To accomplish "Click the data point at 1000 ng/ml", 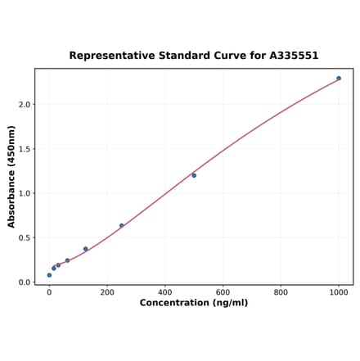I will [339, 79].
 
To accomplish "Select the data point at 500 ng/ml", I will [194, 175].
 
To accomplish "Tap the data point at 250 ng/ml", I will [122, 226].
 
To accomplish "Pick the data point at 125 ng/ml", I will [85, 249].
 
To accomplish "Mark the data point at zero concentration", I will [49, 275].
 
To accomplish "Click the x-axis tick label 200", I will [107, 292].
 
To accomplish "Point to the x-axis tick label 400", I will [165, 292].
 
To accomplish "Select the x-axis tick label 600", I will [223, 292].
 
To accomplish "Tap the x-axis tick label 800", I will [281, 292].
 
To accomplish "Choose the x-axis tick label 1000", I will [339, 292].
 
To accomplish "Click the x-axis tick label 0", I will [49, 292].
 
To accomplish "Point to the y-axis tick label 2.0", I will [25, 105].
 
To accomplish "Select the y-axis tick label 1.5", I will [25, 149].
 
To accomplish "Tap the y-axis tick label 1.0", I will [25, 194].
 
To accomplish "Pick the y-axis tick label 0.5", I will [25, 238].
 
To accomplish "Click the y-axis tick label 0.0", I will [25, 282].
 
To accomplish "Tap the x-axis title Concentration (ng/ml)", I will [194, 303].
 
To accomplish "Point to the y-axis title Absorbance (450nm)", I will [11, 176].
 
